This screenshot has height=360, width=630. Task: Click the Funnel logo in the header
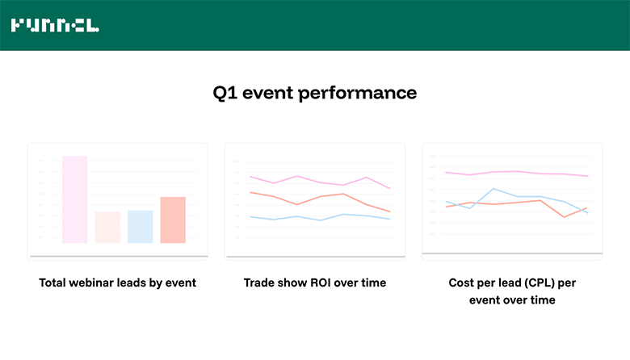click(x=55, y=26)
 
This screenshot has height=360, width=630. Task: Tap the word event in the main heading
click(x=268, y=93)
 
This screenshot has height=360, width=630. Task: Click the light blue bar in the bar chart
click(x=140, y=226)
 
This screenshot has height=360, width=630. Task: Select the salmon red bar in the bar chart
click(x=173, y=220)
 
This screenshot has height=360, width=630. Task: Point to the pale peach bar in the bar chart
click(x=107, y=227)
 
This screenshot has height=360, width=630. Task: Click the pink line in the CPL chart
click(x=517, y=173)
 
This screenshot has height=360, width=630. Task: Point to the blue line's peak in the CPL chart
click(x=493, y=189)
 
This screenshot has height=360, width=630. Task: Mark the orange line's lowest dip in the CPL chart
click(x=565, y=216)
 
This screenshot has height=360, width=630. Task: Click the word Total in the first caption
click(x=54, y=283)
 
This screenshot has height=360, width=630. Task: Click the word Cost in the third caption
click(x=462, y=283)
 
